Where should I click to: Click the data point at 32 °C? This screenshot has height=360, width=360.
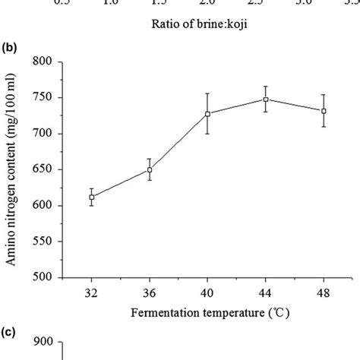92,197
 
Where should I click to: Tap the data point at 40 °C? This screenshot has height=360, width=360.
207,114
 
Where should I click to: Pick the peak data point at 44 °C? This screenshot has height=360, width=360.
265,99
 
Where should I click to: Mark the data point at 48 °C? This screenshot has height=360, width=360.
324,111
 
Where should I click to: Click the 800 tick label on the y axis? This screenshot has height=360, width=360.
51,62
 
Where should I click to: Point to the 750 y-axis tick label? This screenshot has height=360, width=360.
51,97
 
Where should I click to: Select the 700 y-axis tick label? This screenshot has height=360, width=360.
51,134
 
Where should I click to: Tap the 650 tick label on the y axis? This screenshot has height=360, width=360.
51,169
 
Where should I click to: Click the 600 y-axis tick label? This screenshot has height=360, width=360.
51,206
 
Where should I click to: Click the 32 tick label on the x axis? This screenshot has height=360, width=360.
92,292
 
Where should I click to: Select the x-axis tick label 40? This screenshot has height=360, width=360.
207,292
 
